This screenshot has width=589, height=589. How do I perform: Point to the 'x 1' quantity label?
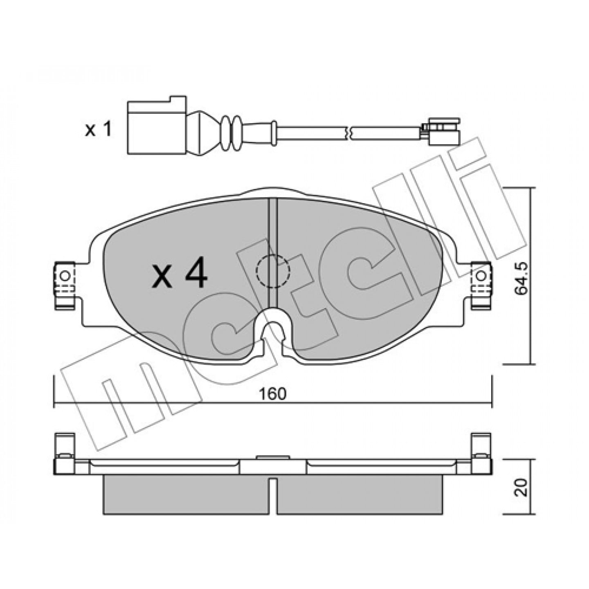[99, 130]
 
